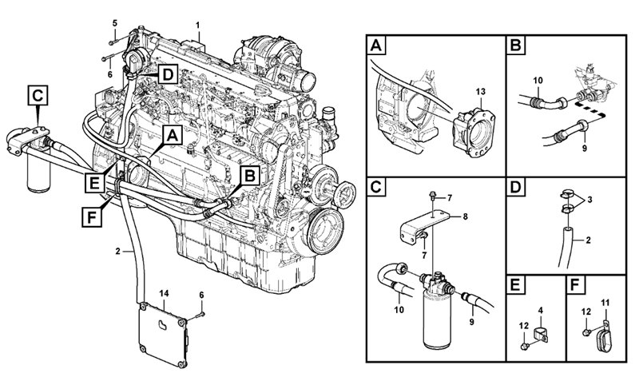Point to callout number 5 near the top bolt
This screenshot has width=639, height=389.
coord(113,21)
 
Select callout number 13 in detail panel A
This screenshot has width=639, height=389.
coord(480,94)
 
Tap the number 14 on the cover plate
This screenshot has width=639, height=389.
coord(165,295)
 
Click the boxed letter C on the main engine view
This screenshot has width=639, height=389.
coord(39,94)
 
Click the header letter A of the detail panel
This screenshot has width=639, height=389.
coord(376,46)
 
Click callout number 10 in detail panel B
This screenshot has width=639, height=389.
coord(537,79)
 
